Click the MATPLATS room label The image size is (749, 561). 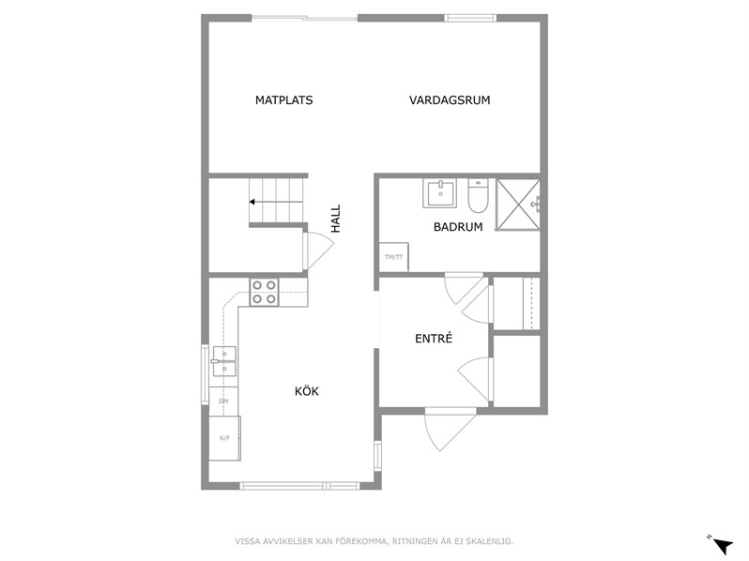(283, 100)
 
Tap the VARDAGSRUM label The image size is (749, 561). (450, 100)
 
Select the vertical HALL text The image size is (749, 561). (336, 219)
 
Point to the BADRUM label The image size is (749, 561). (458, 227)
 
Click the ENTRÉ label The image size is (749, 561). (434, 339)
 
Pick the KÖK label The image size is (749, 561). (307, 391)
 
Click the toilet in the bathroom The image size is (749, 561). (477, 195)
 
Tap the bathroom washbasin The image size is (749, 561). (439, 193)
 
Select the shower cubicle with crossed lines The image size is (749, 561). (518, 205)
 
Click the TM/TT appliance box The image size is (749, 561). (393, 257)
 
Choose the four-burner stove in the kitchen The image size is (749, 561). (264, 292)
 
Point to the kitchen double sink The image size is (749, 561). (224, 361)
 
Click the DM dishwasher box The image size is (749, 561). (223, 402)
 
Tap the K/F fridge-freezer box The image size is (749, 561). (224, 438)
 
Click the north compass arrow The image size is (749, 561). (723, 544)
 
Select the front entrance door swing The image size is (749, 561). (447, 428)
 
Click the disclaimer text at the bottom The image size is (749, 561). (374, 541)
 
